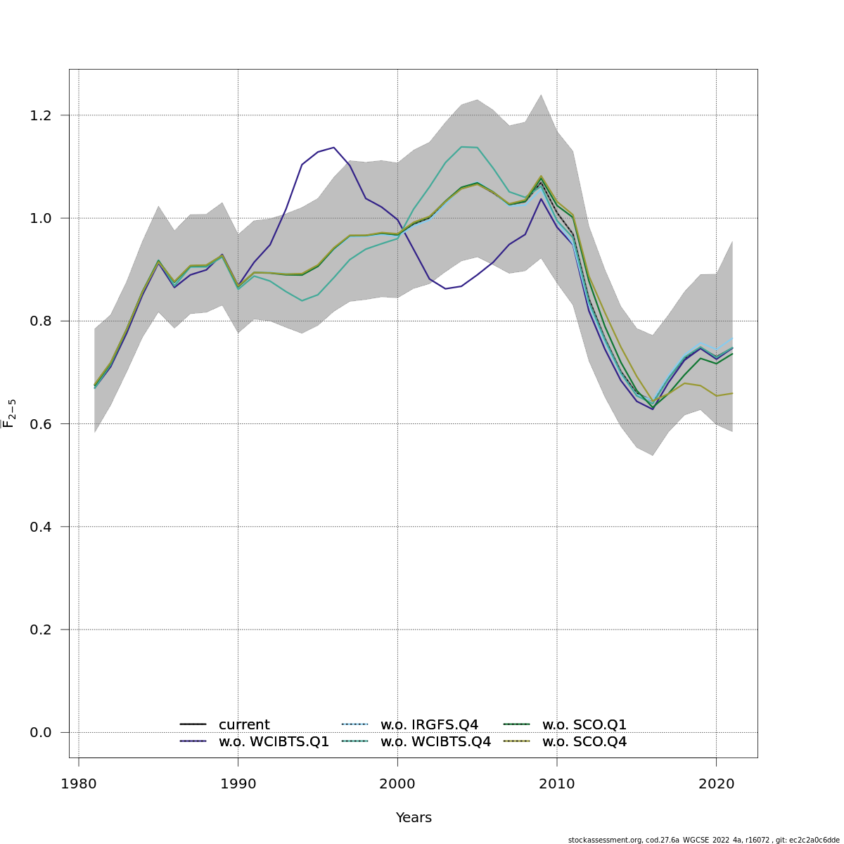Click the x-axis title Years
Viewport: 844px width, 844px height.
(414, 818)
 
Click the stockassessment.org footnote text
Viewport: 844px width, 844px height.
(703, 840)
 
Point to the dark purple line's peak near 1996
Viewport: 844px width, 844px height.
(333, 148)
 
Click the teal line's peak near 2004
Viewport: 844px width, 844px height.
(462, 147)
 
